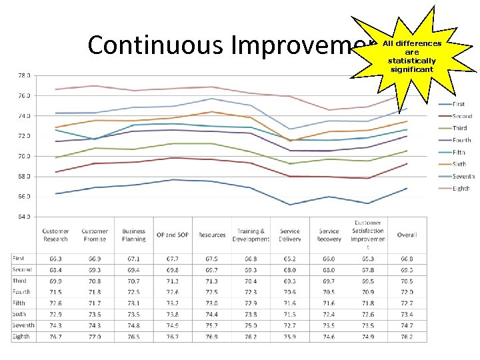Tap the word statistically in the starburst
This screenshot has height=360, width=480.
click(x=412, y=61)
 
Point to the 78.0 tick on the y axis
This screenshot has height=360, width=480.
click(x=23, y=75)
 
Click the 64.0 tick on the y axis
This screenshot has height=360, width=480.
click(x=23, y=216)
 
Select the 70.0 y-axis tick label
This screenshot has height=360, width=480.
click(x=23, y=156)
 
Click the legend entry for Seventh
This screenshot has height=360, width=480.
click(x=463, y=177)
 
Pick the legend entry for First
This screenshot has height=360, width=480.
click(x=459, y=104)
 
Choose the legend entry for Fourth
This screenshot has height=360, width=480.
click(x=461, y=140)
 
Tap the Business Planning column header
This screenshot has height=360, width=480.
click(x=133, y=235)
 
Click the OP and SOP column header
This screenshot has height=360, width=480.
click(x=173, y=235)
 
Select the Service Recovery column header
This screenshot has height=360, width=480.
click(x=329, y=235)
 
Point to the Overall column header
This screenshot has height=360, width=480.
click(x=407, y=235)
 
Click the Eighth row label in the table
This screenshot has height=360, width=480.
click(x=21, y=337)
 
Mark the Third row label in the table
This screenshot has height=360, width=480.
click(x=20, y=281)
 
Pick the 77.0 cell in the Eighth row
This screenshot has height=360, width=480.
click(x=95, y=337)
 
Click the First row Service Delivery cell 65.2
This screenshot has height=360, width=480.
click(x=290, y=258)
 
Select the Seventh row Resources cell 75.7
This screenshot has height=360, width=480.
click(x=212, y=326)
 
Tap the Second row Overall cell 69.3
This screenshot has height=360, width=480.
click(x=407, y=269)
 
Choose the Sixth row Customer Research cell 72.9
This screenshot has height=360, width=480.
click(x=55, y=315)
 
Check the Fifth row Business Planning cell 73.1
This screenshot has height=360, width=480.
click(x=133, y=303)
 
